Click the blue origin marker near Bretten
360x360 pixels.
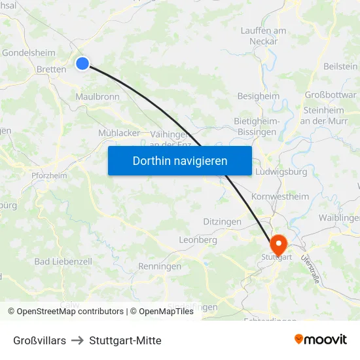[82, 63]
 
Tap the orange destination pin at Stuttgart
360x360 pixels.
[278, 245]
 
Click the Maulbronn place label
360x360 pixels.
[97, 96]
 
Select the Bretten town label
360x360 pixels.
[51, 69]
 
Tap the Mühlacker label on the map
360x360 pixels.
[119, 132]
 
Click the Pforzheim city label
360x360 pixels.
[49, 175]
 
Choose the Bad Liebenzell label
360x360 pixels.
[63, 261]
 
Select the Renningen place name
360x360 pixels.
[160, 266]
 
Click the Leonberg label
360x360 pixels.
[198, 240]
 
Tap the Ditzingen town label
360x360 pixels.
[222, 222]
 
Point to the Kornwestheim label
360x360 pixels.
[279, 196]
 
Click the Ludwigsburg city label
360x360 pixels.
[283, 171]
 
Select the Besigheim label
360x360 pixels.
[258, 96]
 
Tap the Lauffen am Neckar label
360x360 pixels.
[263, 35]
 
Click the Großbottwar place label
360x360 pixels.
[331, 94]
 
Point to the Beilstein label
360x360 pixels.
[341, 66]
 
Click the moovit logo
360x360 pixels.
[320, 339]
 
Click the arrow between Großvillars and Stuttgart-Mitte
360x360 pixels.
[78, 340]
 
